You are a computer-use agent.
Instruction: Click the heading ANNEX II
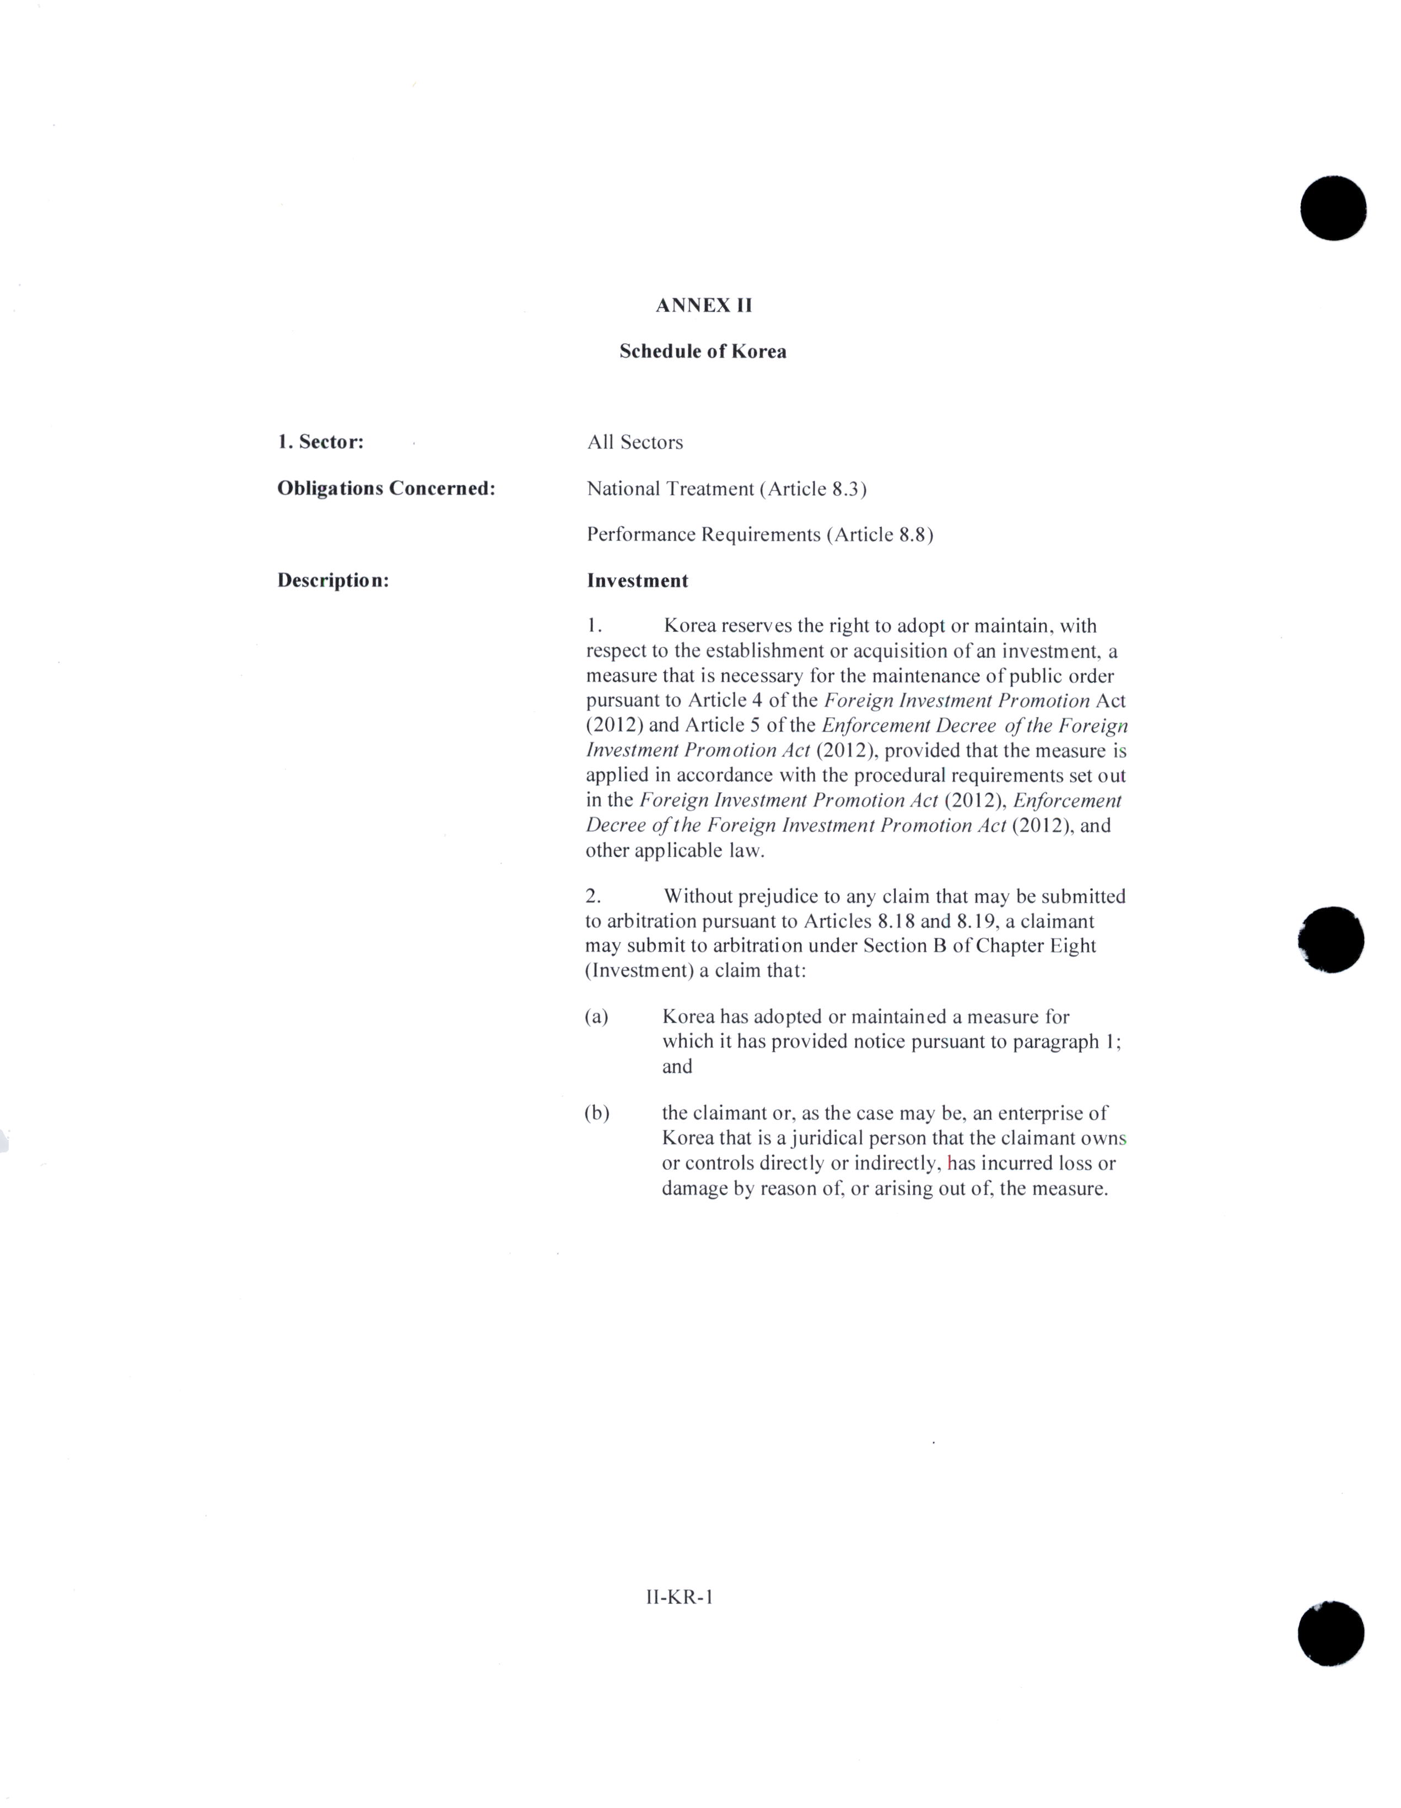point(703,306)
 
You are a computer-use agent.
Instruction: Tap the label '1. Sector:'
point(320,442)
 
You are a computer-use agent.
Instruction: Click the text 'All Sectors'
point(634,442)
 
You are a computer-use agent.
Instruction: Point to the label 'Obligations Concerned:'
point(386,489)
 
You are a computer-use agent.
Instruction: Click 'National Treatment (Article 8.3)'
point(726,489)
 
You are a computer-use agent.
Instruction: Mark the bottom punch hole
point(1330,1633)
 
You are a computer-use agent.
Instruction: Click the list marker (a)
point(596,1016)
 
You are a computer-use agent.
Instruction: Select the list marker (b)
point(596,1113)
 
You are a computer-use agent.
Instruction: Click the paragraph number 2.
point(593,896)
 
